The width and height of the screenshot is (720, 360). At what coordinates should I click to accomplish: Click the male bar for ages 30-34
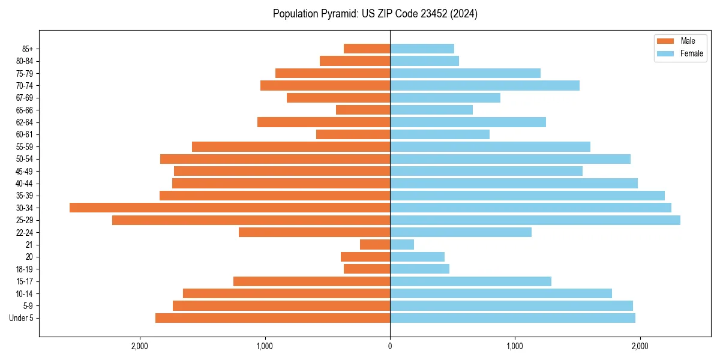tap(230, 208)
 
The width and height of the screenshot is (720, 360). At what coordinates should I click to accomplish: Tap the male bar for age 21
tap(375, 245)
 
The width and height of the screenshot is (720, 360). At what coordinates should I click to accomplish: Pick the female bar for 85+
tap(422, 49)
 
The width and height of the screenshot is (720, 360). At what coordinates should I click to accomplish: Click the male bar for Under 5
tap(273, 318)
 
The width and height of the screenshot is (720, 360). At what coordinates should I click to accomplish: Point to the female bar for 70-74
tap(485, 85)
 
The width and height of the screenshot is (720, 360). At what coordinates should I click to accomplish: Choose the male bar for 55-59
tap(291, 146)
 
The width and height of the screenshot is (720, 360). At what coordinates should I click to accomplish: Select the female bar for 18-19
tap(419, 269)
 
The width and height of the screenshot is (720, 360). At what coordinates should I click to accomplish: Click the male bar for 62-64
tap(324, 122)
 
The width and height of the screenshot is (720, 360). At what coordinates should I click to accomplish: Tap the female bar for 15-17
tap(470, 281)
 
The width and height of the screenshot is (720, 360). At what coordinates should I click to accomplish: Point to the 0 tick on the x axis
tap(390, 346)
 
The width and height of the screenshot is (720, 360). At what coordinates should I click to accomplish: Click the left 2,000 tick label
tap(140, 346)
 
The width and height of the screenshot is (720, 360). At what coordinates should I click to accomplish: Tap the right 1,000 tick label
tap(515, 346)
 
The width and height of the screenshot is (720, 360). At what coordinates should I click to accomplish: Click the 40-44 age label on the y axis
tap(25, 184)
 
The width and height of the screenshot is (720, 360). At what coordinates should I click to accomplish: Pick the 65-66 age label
tap(25, 110)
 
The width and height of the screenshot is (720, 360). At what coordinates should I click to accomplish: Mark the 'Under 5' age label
tap(21, 318)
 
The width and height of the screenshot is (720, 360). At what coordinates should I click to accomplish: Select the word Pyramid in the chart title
tap(338, 14)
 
